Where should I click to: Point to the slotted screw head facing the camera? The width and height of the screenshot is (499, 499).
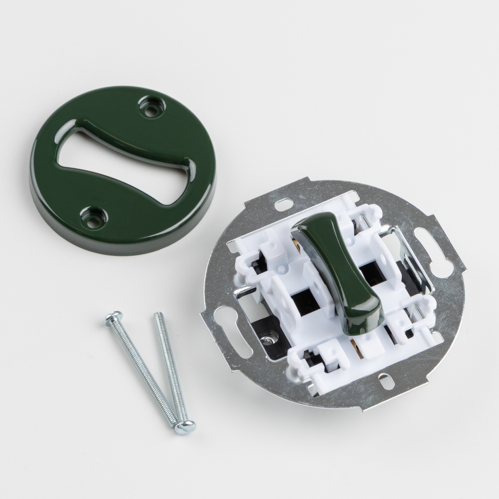[x=185, y=426]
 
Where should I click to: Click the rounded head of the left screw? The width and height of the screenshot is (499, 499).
[x=113, y=317]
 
